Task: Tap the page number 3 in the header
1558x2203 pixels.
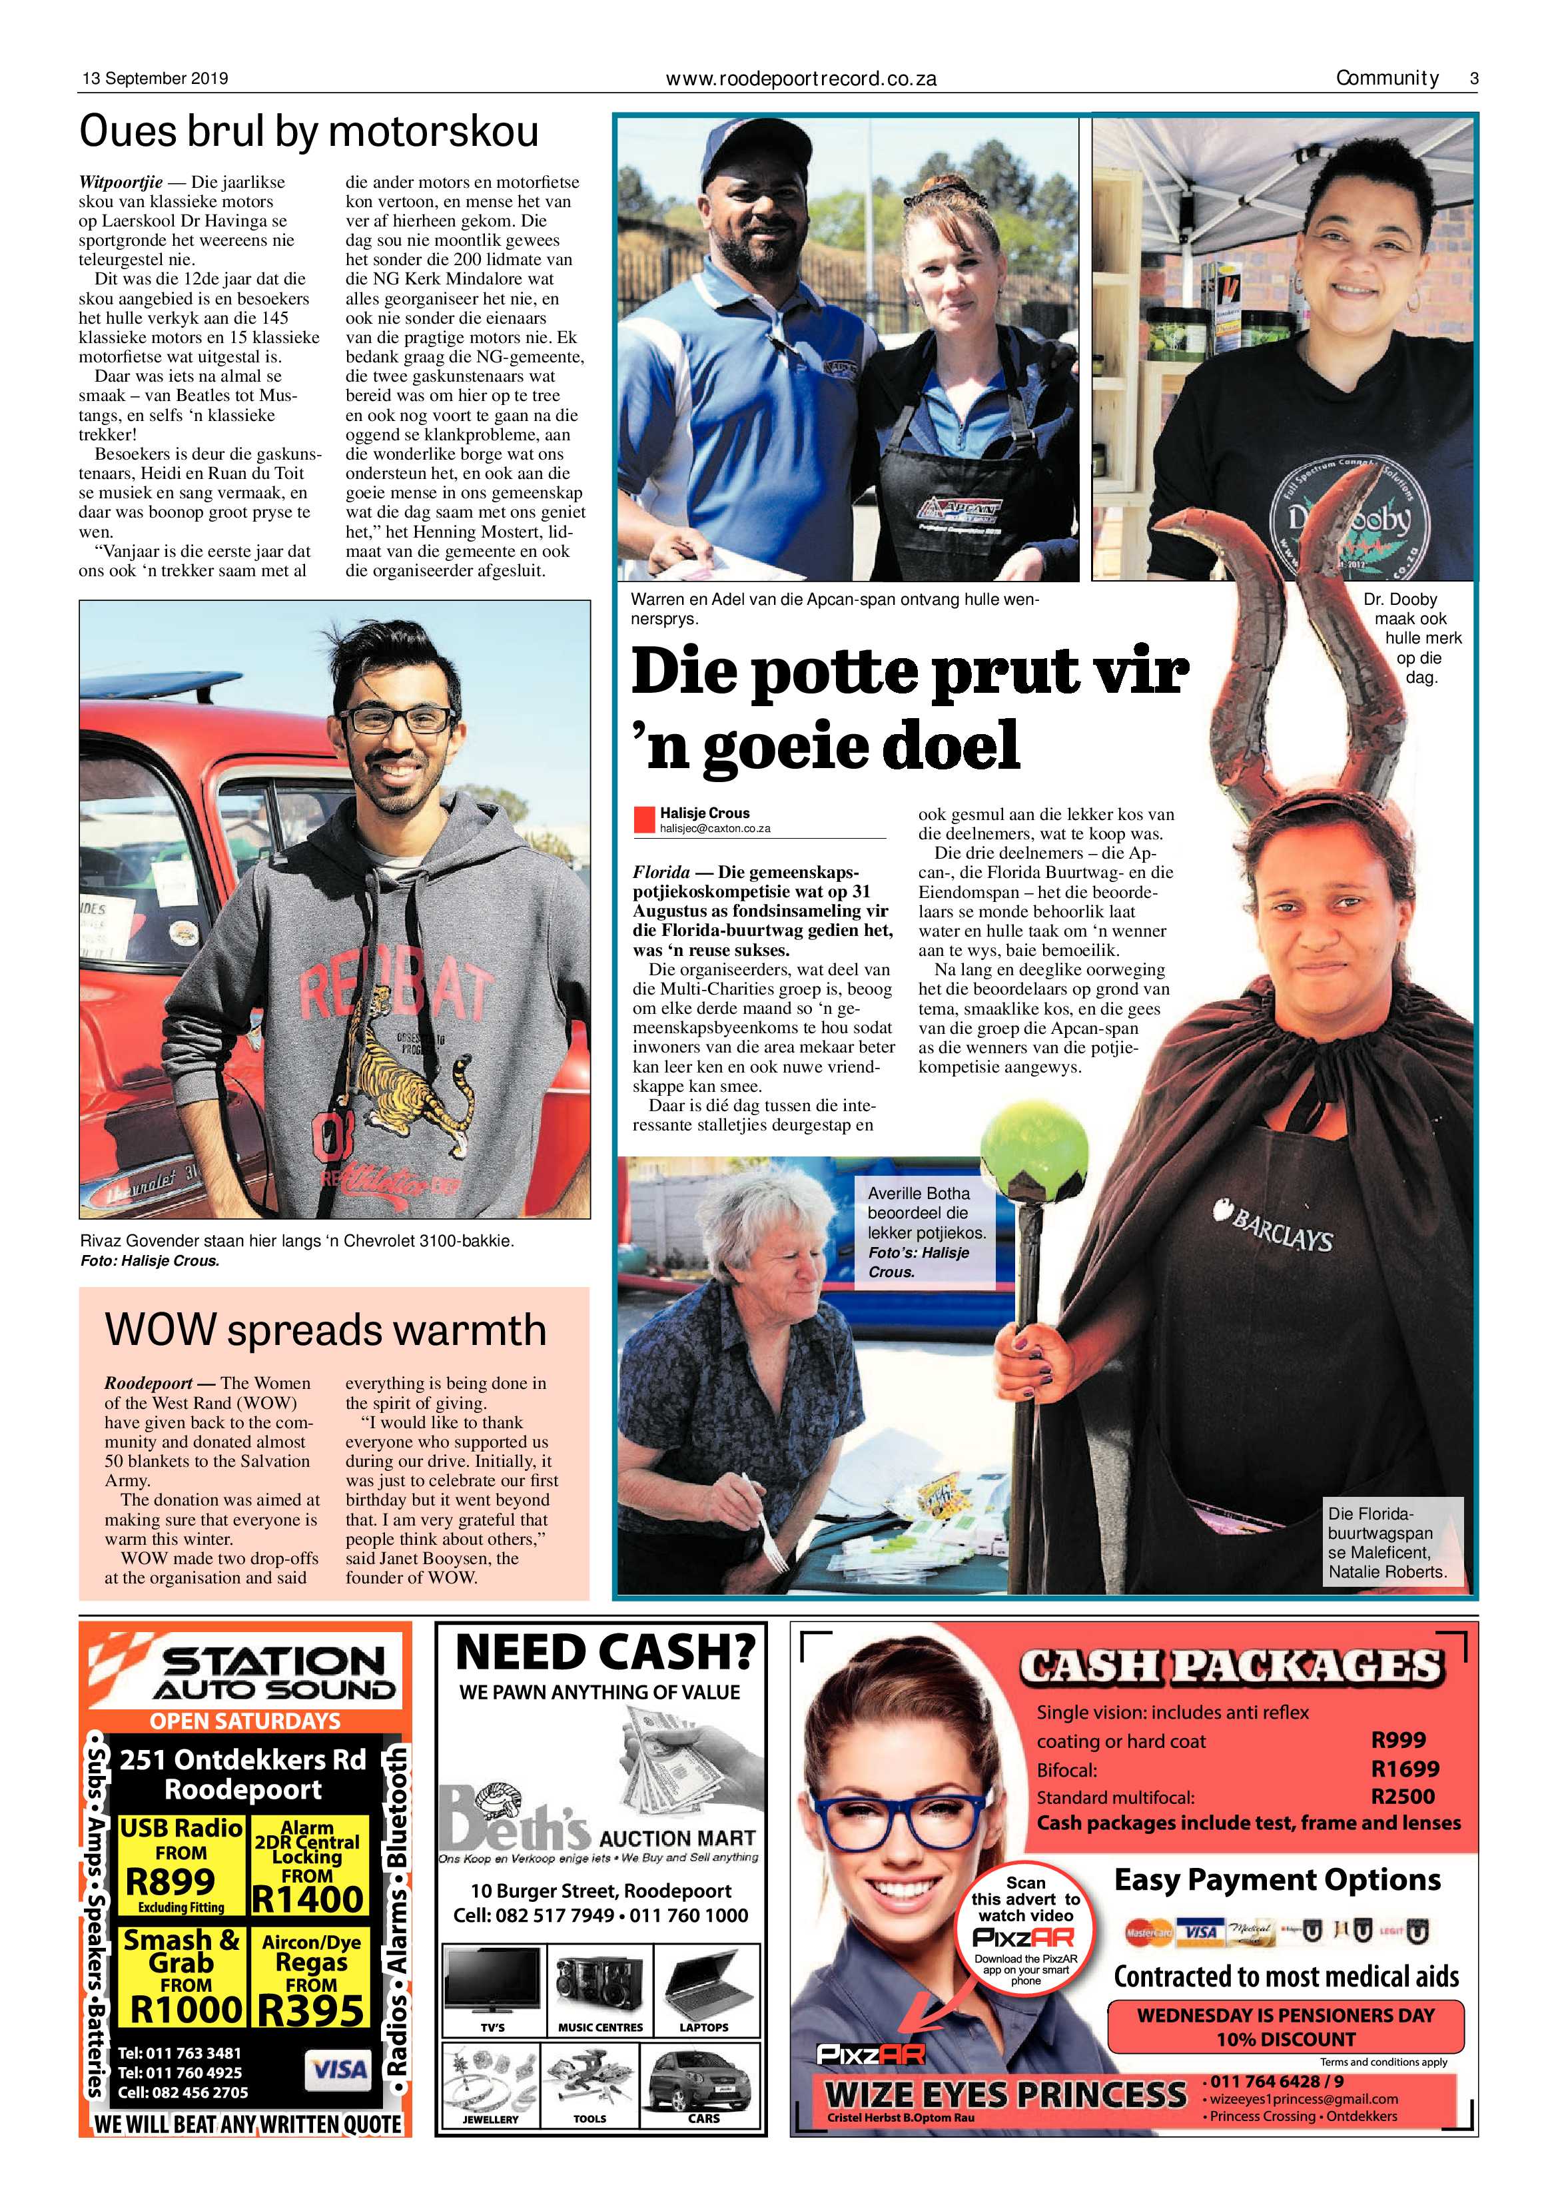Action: coord(1473,79)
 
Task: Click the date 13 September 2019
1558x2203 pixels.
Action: coord(153,79)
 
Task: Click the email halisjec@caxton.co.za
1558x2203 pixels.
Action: coord(715,828)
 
